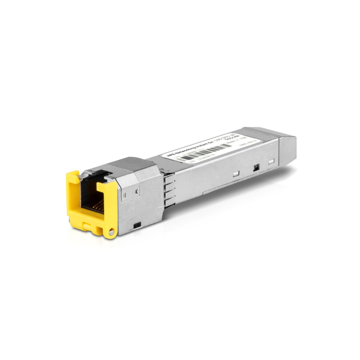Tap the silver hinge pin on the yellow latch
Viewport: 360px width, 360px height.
pyautogui.click(x=111, y=231)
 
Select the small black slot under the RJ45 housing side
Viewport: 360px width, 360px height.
pyautogui.click(x=137, y=226)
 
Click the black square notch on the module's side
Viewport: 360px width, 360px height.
pyautogui.click(x=256, y=168)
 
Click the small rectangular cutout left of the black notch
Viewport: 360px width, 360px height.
pyautogui.click(x=236, y=174)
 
